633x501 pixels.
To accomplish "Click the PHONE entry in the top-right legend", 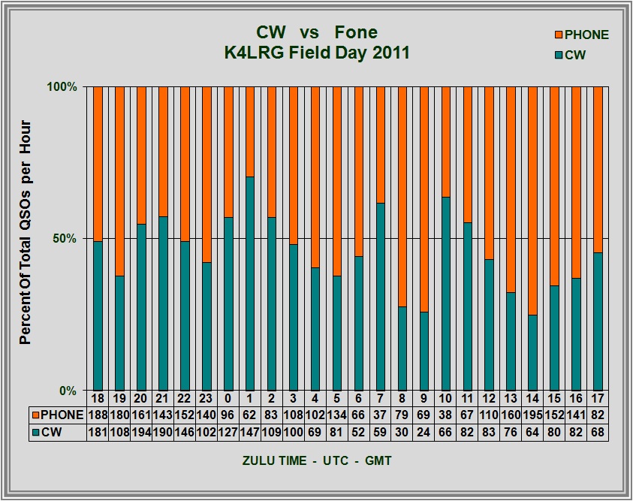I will point(581,35).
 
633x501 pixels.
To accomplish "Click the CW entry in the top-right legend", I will point(575,55).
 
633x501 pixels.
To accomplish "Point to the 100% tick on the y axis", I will point(62,86).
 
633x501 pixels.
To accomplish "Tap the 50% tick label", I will point(65,239).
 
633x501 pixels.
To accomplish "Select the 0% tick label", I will point(69,391).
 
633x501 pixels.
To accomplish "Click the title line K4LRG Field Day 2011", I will point(316,53).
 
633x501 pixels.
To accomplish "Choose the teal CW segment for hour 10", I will point(445,294).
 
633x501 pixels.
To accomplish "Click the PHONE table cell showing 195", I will point(532,414).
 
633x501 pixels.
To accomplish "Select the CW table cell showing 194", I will point(140,432).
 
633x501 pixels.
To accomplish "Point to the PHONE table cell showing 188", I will point(97,414).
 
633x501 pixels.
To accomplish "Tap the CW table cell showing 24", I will point(424,432).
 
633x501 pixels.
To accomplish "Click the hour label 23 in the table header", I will point(206,397).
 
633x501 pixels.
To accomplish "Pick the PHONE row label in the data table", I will point(57,414).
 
